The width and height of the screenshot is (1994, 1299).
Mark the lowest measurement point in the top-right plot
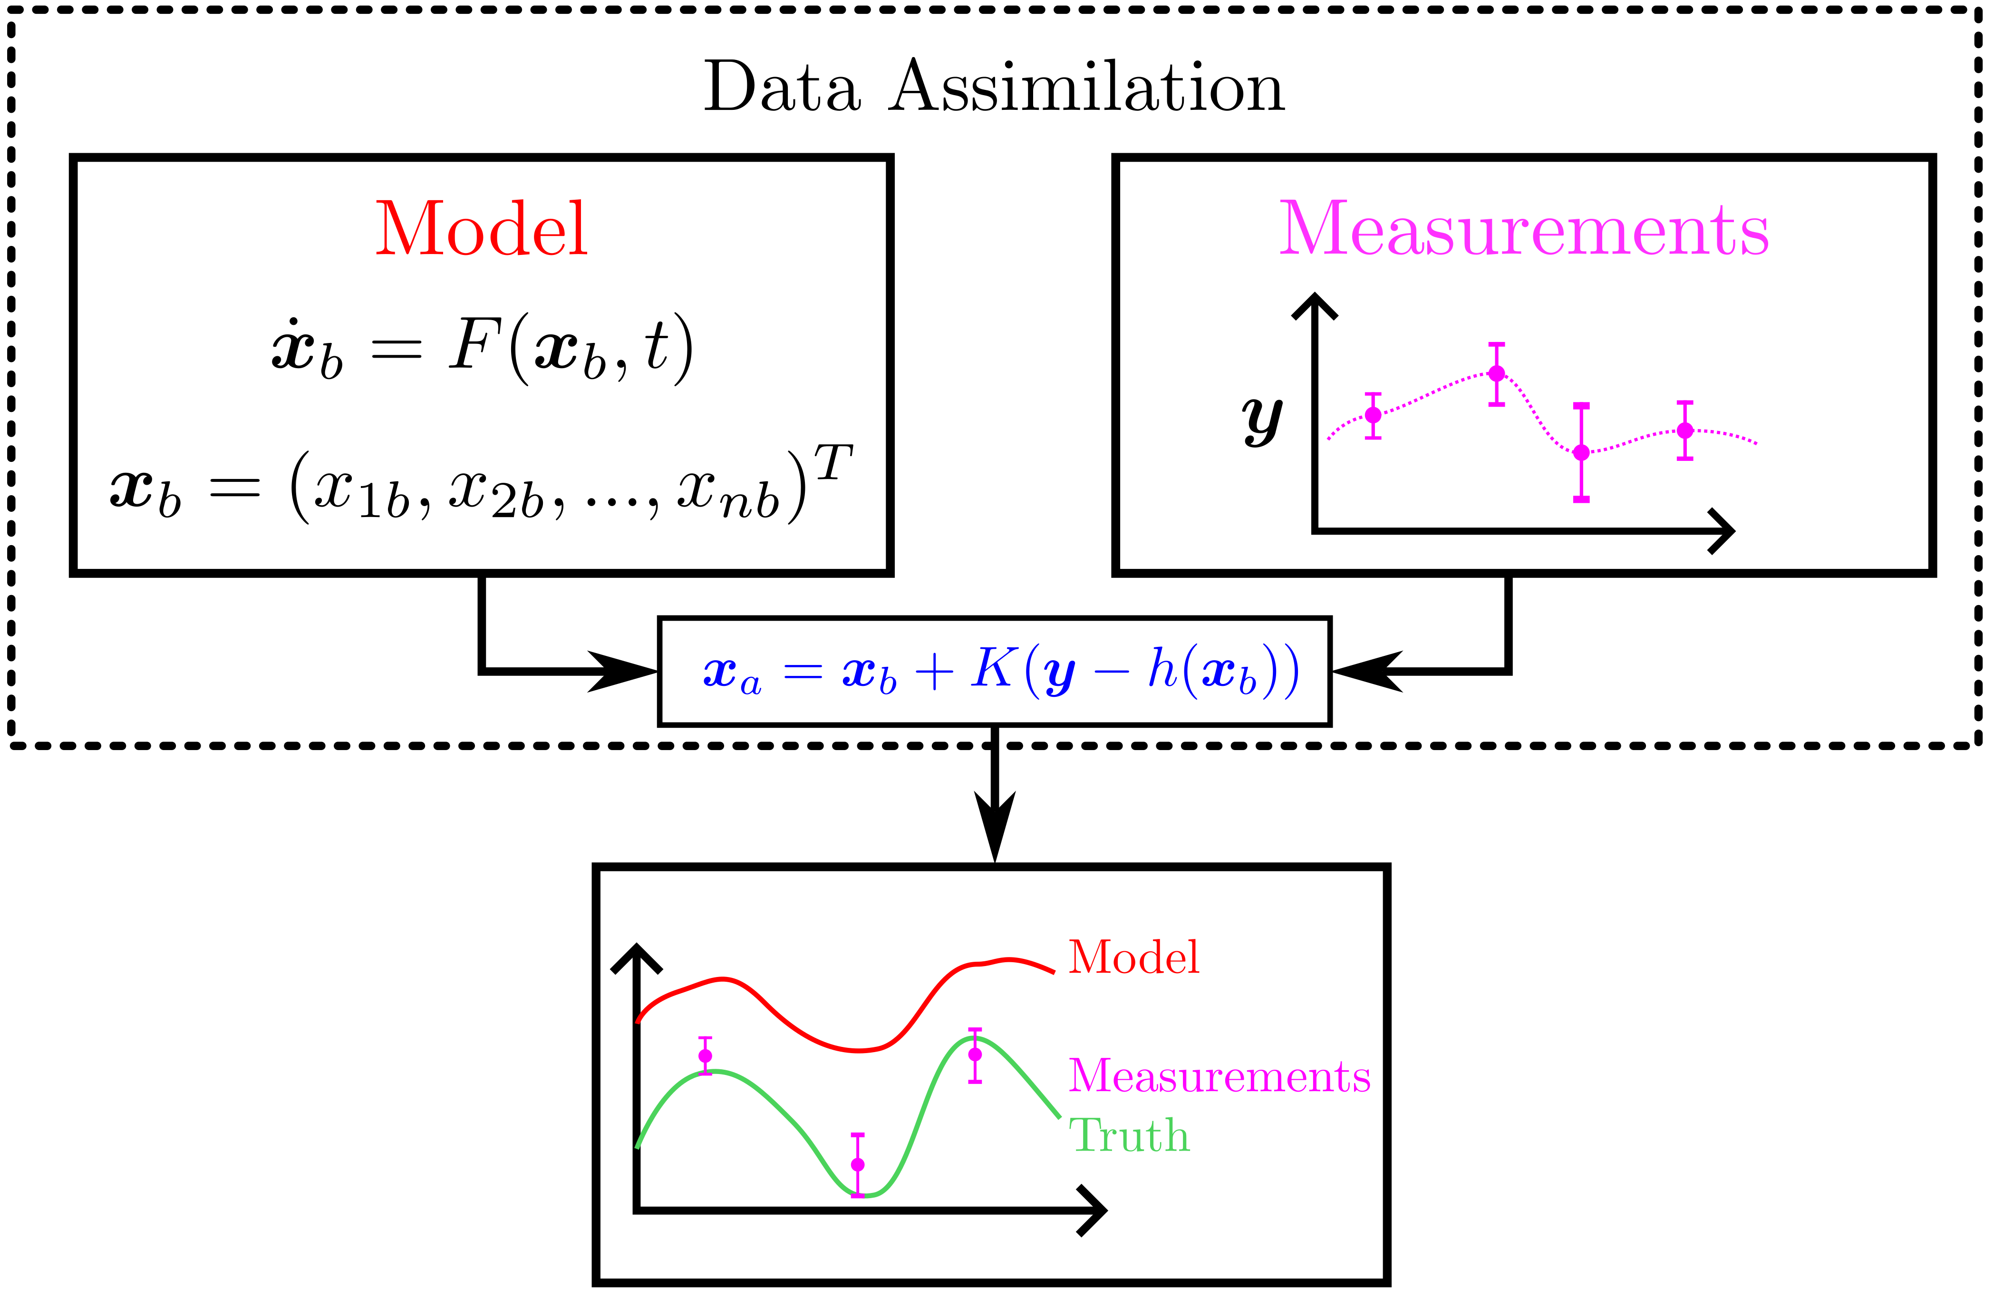point(1581,452)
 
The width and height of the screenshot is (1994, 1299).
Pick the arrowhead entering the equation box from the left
point(624,671)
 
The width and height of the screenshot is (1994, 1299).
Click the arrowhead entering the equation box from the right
point(1365,671)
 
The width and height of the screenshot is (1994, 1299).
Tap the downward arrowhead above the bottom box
point(995,826)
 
